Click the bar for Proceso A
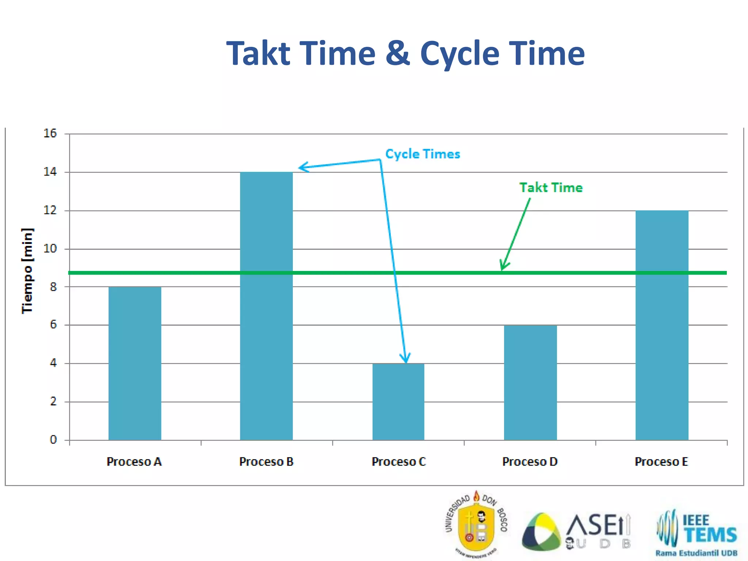[135, 363]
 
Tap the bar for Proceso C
[398, 402]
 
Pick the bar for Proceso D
[530, 382]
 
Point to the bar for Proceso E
[662, 325]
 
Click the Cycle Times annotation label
[423, 154]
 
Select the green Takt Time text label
[551, 188]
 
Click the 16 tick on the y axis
[50, 133]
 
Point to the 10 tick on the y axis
[50, 249]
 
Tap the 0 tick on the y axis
[53, 440]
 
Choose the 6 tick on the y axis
[53, 324]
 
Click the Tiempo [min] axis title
[27, 271]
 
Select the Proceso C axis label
[398, 462]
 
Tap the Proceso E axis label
[661, 462]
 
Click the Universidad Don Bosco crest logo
[476, 524]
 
